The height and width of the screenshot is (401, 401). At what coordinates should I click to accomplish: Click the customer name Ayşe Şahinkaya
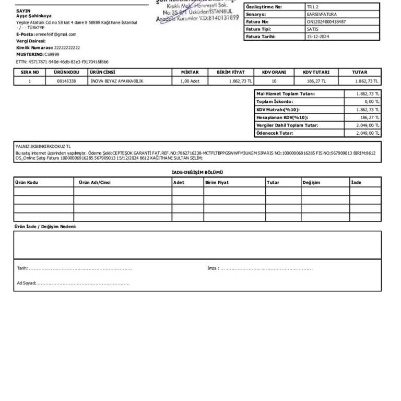34,16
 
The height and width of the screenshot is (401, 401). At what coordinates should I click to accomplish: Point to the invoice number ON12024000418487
326,22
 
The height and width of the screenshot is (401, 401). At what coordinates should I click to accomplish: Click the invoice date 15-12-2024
318,37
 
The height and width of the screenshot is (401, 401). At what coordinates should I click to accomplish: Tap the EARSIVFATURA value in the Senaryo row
322,15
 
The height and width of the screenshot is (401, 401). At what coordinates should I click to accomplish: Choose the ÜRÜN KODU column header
66,73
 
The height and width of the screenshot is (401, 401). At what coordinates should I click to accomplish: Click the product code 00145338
66,81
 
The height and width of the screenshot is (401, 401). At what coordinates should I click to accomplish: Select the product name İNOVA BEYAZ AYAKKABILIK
117,81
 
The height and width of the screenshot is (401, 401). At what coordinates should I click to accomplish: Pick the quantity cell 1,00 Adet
190,81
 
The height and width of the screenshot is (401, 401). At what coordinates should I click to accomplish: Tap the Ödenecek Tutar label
275,133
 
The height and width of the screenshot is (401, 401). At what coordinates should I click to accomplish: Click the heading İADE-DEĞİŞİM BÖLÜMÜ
197,172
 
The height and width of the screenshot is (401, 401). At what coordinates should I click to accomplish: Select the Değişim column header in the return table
311,183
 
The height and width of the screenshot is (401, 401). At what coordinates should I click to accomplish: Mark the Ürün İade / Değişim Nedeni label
45,227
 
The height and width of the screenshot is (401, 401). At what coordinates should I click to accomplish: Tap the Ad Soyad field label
26,283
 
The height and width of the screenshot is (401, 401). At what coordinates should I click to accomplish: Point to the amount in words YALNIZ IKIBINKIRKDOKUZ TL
43,147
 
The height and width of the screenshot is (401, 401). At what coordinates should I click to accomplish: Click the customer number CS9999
52,54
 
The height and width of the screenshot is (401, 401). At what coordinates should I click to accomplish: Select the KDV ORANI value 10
274,81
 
